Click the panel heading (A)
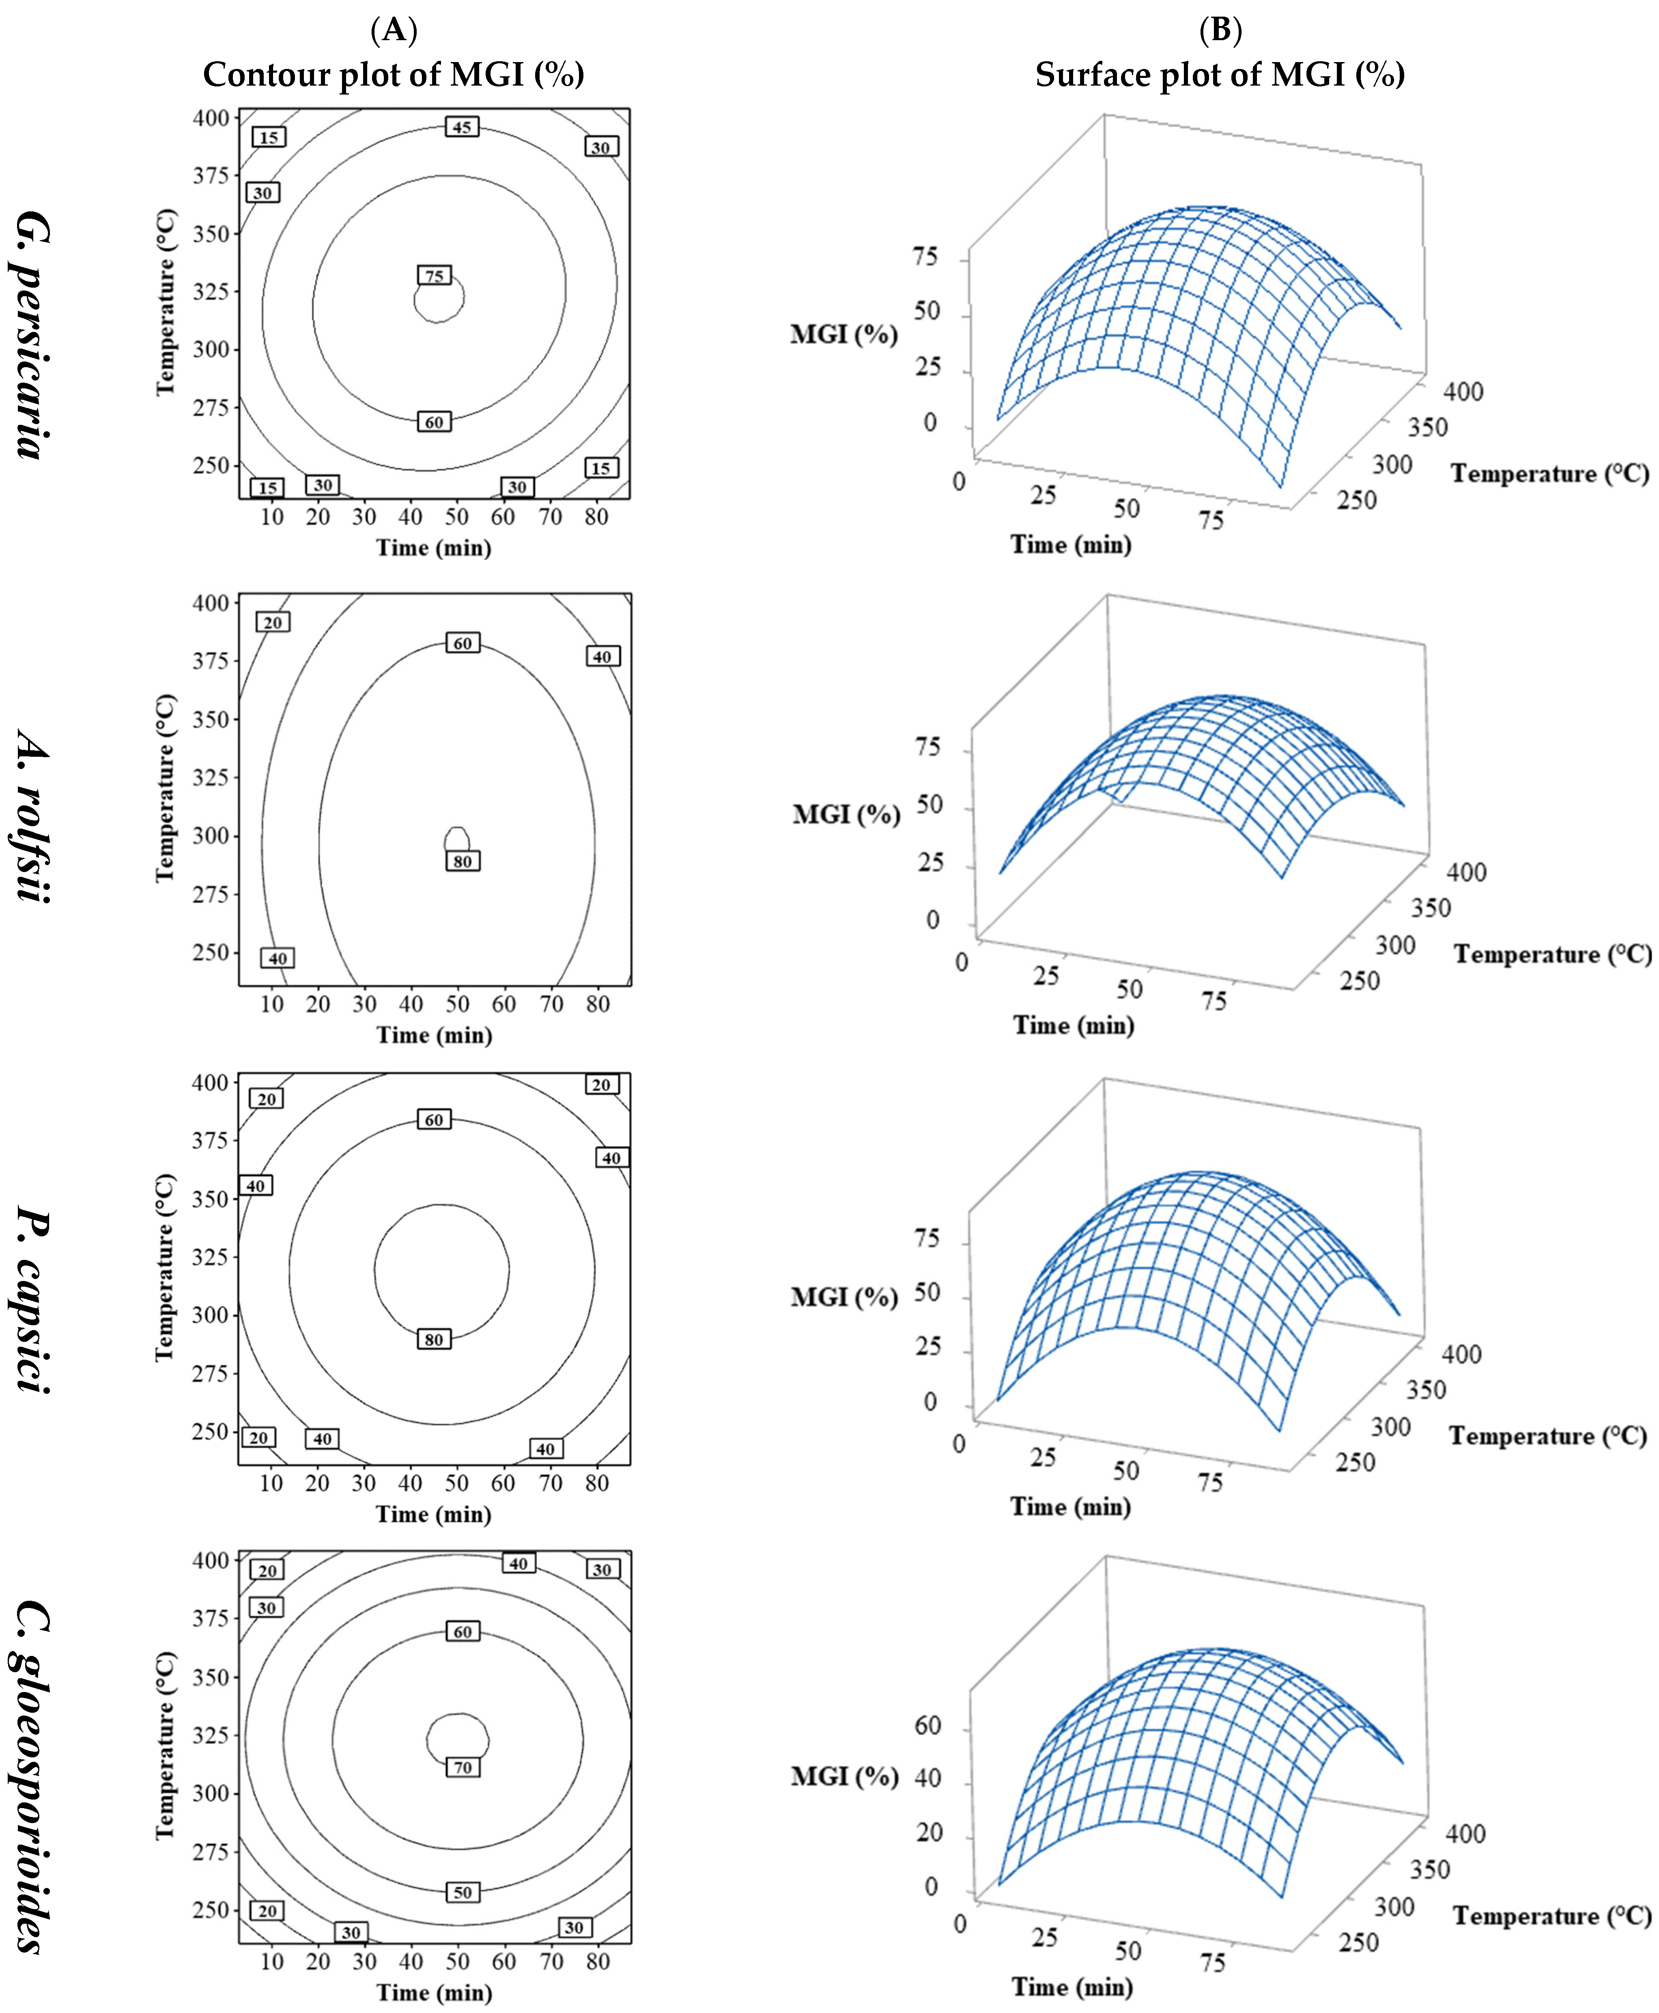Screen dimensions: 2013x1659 (394, 30)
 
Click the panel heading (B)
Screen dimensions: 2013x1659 (1220, 30)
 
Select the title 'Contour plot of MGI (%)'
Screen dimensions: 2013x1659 (394, 75)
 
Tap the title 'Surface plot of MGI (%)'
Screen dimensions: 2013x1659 (1220, 75)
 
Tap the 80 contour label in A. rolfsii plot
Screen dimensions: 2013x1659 (463, 861)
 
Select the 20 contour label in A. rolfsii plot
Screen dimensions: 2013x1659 (273, 622)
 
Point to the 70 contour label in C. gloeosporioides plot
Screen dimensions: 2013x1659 (463, 1768)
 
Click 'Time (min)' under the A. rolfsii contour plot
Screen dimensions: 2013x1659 (435, 1035)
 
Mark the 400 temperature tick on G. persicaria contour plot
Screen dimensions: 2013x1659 (211, 118)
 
